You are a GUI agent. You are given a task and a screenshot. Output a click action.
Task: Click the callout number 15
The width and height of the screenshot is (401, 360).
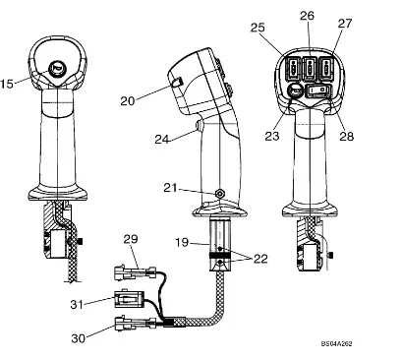[6, 84]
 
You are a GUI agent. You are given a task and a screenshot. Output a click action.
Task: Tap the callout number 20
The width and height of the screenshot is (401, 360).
[128, 100]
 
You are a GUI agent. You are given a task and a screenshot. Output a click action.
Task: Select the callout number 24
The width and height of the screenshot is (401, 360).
[162, 140]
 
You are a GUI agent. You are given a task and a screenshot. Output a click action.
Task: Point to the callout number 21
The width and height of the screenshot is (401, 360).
[170, 188]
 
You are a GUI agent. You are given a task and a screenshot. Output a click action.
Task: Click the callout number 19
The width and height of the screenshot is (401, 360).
[182, 242]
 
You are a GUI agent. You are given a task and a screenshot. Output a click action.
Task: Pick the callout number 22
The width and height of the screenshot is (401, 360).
[260, 259]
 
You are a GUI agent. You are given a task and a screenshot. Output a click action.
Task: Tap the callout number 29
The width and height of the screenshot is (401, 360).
[131, 239]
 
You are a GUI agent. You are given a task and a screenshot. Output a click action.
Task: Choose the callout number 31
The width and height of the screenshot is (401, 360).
[77, 304]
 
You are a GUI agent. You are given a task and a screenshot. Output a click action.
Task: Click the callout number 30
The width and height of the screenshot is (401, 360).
[79, 338]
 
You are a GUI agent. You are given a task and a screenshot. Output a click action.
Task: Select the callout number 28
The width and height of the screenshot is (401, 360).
[347, 136]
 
